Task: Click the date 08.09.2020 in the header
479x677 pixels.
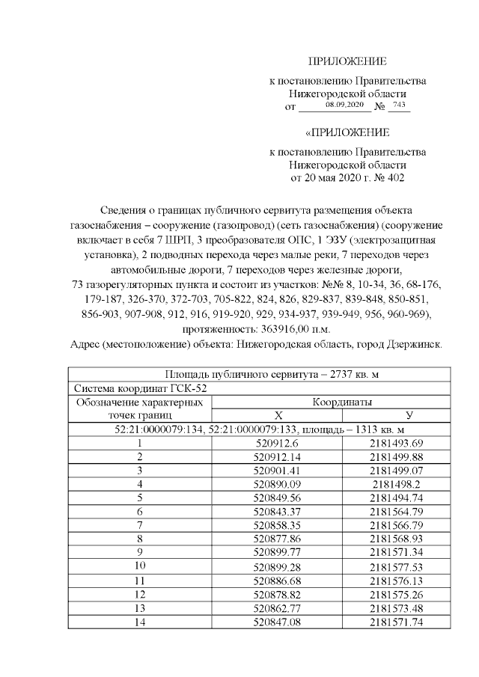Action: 344,105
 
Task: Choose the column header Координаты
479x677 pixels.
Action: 332,402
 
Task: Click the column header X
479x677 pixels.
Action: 278,415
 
